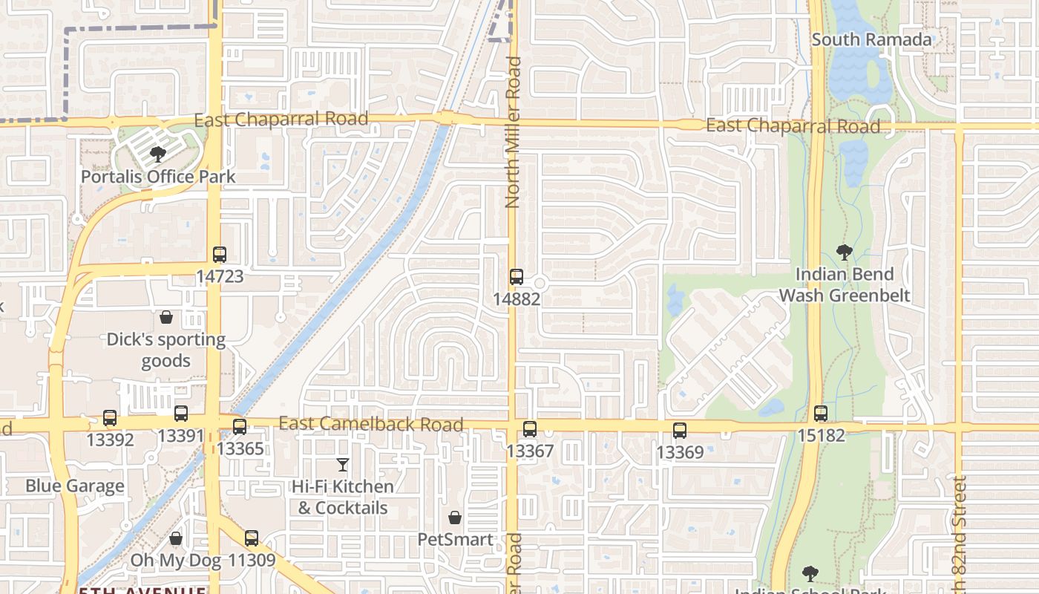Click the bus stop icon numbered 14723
click(x=219, y=255)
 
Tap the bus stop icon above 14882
click(x=517, y=278)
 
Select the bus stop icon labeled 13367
click(x=529, y=429)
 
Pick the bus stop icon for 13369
click(x=679, y=431)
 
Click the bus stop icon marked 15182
click(x=820, y=414)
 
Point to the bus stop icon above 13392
click(x=110, y=418)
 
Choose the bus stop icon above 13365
click(x=239, y=427)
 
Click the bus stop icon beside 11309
click(x=252, y=538)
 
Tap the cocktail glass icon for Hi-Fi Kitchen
click(x=342, y=465)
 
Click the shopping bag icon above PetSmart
click(x=455, y=518)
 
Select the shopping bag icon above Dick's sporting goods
click(x=165, y=317)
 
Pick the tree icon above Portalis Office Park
click(x=157, y=154)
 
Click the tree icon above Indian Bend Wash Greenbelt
click(x=844, y=252)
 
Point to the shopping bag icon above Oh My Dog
click(x=176, y=538)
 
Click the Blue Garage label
click(x=75, y=486)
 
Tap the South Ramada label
click(x=871, y=39)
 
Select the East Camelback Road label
click(x=371, y=425)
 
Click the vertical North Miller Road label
click(x=514, y=132)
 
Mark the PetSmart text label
click(x=455, y=540)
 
